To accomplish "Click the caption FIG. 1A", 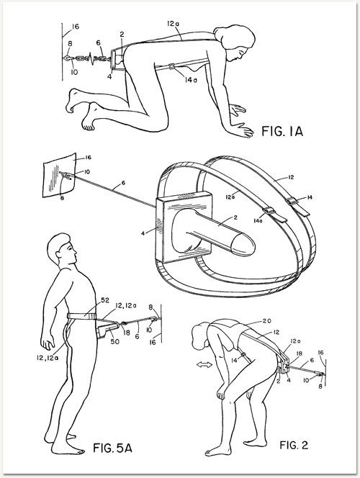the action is click(x=282, y=132).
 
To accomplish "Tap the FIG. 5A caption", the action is click(x=112, y=448).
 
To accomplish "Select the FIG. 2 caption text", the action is click(x=294, y=445).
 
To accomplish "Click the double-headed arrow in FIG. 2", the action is click(x=204, y=364).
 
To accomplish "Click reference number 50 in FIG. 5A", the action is click(x=114, y=341).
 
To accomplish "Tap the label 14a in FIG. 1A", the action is click(x=191, y=80).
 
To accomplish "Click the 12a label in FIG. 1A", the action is click(x=173, y=23).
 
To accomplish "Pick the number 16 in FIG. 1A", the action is click(x=76, y=27).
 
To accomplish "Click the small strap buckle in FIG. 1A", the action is click(x=172, y=66).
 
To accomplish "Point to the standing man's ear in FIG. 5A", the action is click(x=58, y=255).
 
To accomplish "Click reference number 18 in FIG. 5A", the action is click(x=127, y=333).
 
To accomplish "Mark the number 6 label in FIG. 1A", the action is click(x=99, y=43).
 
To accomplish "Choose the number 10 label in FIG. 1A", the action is click(x=74, y=72).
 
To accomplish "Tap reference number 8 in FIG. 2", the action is click(x=320, y=386).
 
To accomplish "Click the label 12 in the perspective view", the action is click(x=291, y=177).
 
